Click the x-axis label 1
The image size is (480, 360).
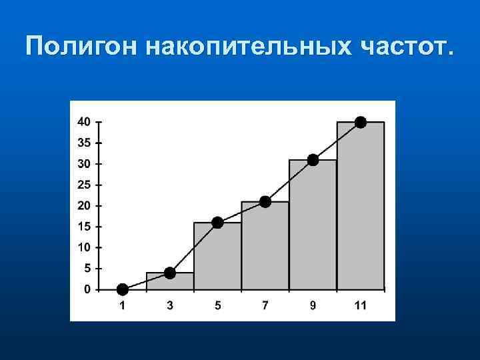pos(122,306)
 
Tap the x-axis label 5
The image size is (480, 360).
pos(217,306)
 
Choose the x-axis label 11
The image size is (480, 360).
pos(361,306)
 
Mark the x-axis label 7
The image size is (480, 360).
pos(265,306)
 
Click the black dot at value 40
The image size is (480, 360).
pos(361,122)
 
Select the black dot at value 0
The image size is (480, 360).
pos(122,289)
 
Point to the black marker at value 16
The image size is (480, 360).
pos(217,223)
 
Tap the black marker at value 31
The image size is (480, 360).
pos(313,160)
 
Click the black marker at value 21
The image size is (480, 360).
pos(265,201)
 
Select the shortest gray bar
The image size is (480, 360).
pos(170,281)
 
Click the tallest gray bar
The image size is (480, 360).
pos(361,207)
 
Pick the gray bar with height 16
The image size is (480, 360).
pos(217,257)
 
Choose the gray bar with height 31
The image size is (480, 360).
pos(313,225)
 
